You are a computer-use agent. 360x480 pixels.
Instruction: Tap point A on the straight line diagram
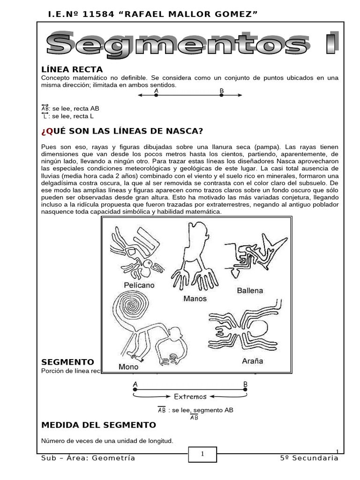click(156, 95)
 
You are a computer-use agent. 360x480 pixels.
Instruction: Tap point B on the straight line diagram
click(222, 95)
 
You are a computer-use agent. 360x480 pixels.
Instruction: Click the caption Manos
click(195, 298)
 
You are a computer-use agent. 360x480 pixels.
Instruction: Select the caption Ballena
click(250, 290)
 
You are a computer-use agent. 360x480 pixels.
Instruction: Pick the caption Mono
click(128, 367)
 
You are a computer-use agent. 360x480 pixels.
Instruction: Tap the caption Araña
click(252, 361)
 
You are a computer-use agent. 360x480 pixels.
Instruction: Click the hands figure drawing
click(195, 258)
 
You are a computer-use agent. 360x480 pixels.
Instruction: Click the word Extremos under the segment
click(190, 397)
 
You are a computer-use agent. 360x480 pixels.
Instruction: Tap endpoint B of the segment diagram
click(245, 389)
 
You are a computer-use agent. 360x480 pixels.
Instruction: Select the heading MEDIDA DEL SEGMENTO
click(98, 425)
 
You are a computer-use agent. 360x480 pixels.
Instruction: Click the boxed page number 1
click(202, 454)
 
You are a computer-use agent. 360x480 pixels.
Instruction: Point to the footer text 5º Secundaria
click(308, 458)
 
